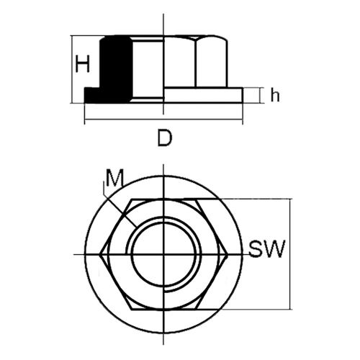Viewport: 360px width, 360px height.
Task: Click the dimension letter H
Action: click(82, 64)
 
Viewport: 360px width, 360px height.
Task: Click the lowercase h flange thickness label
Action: click(275, 96)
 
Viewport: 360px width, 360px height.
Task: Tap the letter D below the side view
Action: click(165, 138)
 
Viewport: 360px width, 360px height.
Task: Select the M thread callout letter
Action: click(114, 178)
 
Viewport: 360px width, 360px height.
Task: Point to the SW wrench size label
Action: click(267, 248)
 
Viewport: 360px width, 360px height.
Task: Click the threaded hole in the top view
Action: click(163, 254)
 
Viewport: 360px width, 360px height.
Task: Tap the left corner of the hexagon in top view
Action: click(100, 254)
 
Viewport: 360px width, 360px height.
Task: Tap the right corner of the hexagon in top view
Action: click(228, 255)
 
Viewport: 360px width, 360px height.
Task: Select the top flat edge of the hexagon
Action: click(164, 199)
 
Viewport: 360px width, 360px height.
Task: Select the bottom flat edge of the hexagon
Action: click(164, 310)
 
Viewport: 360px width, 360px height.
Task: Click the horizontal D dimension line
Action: click(163, 119)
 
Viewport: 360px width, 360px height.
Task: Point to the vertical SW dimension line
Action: click(290, 254)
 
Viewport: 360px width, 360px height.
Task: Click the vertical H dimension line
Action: click(71, 69)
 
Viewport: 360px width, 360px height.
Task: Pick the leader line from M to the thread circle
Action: click(121, 211)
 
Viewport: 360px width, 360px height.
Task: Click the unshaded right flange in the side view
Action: click(203, 95)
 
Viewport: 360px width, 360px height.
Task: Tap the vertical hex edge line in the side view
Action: click(196, 63)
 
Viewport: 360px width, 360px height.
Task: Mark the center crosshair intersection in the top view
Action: click(163, 254)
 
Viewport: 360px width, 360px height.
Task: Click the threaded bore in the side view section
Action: click(148, 70)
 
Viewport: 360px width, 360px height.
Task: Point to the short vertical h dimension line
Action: click(260, 96)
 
